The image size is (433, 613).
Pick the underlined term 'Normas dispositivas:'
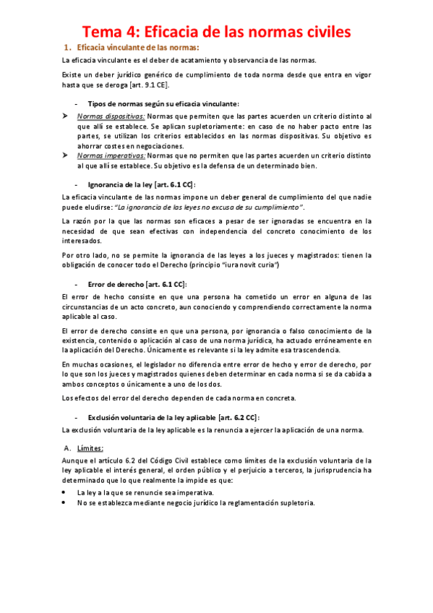111,116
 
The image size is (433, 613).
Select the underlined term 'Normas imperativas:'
111,155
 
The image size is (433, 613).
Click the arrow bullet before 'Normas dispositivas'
66,116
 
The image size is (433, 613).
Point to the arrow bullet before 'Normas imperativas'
66,155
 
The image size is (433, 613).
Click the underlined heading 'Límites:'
90,447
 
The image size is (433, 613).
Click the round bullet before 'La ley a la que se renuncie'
66,492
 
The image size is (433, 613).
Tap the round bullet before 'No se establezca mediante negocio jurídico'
66,502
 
